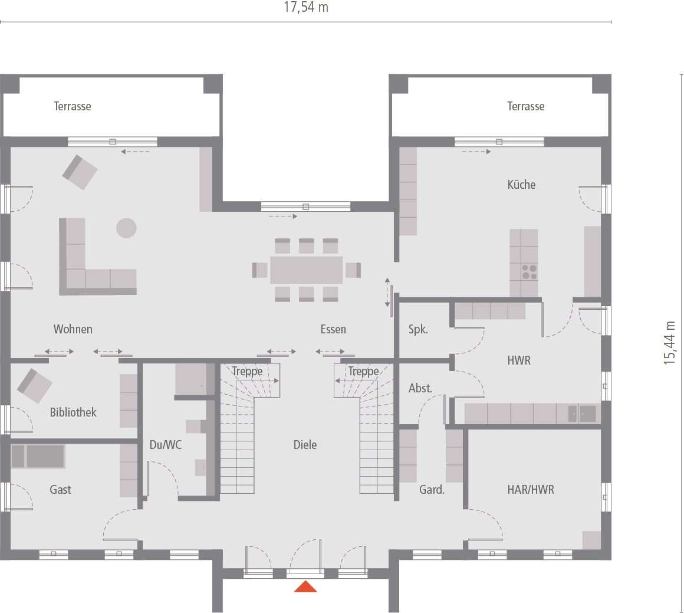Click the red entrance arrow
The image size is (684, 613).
click(x=305, y=586)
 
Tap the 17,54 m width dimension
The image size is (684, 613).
click(x=306, y=8)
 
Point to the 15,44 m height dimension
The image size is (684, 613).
click(x=670, y=343)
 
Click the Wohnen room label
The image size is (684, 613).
click(x=73, y=329)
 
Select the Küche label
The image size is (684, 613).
click(x=521, y=185)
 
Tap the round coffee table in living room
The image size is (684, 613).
click(x=126, y=228)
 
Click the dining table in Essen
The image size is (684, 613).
click(x=306, y=270)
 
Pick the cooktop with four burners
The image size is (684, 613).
click(x=529, y=272)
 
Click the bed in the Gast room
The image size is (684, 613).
click(x=38, y=456)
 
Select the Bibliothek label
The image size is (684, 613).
click(x=73, y=412)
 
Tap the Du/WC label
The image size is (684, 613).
click(x=165, y=445)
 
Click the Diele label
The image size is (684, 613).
click(x=305, y=445)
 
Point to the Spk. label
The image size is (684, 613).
click(x=418, y=330)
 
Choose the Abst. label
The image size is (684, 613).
click(x=420, y=388)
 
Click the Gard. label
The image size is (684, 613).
click(x=432, y=490)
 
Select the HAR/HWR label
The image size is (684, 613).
click(x=531, y=490)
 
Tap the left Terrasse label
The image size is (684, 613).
click(x=73, y=106)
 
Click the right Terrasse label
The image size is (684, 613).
click(x=525, y=106)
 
